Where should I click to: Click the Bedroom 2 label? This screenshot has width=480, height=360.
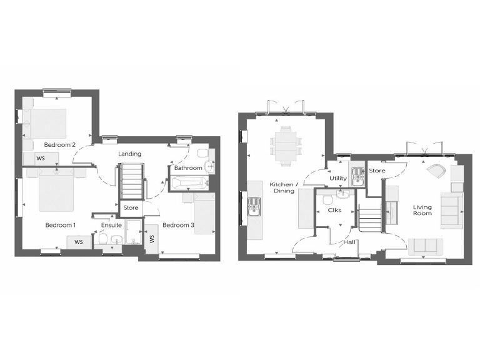(x=59, y=145)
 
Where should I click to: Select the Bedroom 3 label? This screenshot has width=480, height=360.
(x=178, y=224)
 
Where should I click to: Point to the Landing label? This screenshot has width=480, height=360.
(x=129, y=154)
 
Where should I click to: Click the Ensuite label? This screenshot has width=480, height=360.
(x=111, y=224)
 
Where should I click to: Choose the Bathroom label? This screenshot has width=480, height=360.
(x=187, y=168)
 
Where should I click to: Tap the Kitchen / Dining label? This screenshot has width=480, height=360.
(x=284, y=189)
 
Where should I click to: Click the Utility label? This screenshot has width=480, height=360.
(x=338, y=179)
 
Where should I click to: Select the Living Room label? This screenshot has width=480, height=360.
(x=422, y=209)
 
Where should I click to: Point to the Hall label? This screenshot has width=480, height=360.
(x=349, y=241)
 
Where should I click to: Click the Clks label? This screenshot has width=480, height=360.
(x=334, y=210)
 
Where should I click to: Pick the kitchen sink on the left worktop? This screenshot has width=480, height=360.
(x=254, y=206)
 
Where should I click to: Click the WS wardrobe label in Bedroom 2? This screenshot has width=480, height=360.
(x=40, y=159)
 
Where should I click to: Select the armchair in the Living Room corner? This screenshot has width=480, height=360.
(x=436, y=170)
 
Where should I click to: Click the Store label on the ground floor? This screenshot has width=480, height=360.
(x=377, y=171)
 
